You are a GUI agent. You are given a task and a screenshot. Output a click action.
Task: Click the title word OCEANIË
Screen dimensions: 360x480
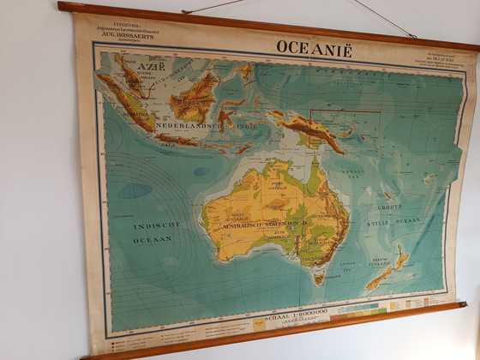[314, 48]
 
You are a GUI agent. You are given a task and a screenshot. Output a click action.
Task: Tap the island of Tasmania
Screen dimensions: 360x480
[319, 278]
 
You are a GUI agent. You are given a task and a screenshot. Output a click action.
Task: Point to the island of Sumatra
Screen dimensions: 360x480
[124, 103]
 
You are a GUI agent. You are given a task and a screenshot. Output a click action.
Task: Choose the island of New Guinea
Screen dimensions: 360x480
[309, 128]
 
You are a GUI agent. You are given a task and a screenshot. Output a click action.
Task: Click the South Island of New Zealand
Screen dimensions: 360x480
[381, 276]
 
